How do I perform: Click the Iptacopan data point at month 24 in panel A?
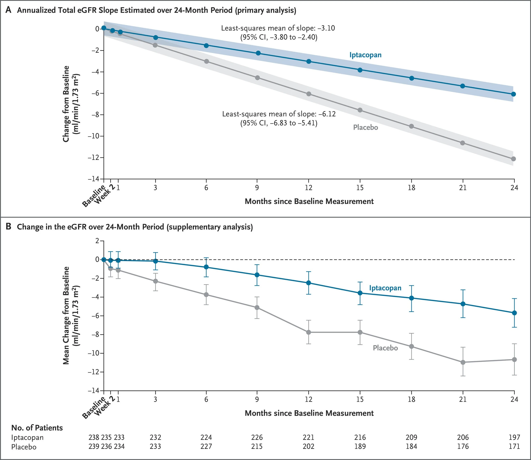513,94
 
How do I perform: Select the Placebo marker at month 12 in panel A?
309,94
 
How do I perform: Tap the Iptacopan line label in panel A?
365,55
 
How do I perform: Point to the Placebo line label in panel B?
385,348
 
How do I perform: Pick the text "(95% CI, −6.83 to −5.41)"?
279,123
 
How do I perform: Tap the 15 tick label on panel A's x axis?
360,188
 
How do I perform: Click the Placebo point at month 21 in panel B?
463,362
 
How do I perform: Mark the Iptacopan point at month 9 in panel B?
257,275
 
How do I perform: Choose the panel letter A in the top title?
8,10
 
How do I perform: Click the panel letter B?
8,227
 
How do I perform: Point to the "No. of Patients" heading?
37,428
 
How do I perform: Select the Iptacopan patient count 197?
514,437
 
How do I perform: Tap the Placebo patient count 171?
514,447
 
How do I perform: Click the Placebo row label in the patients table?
24,447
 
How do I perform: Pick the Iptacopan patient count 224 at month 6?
206,437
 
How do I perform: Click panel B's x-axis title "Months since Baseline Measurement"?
309,413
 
